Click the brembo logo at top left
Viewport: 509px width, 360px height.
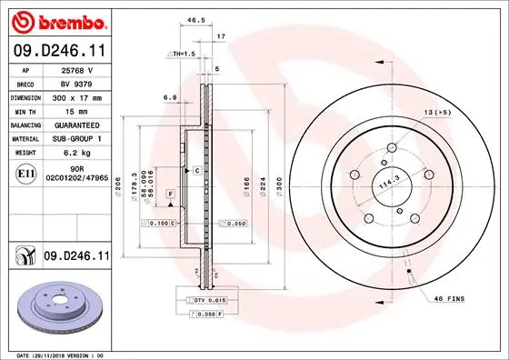pos(56,20)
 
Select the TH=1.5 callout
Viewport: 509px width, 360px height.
pos(183,54)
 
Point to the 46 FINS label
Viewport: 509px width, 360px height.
pos(449,299)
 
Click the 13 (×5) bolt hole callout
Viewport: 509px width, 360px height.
pos(436,112)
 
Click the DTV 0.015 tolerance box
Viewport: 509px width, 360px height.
pos(205,299)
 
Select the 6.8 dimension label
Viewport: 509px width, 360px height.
pos(169,96)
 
